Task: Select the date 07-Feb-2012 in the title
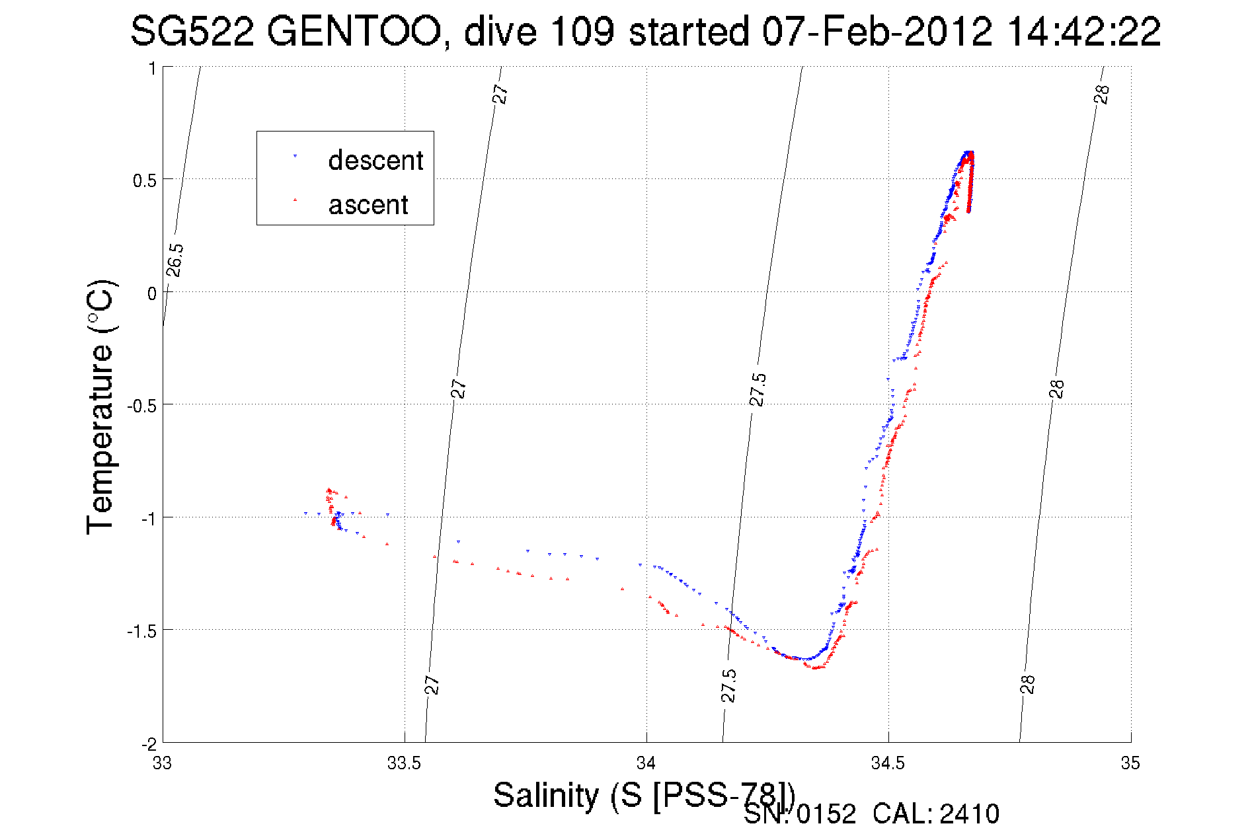(877, 31)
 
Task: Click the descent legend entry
(375, 161)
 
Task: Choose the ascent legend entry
(368, 205)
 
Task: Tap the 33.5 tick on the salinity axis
(404, 763)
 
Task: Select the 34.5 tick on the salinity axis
(888, 763)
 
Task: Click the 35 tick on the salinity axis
(1130, 763)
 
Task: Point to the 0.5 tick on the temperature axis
(144, 180)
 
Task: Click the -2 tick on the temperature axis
(148, 743)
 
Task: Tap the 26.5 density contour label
(175, 260)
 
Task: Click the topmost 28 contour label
(1101, 95)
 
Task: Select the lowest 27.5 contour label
(728, 685)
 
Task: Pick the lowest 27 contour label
(432, 685)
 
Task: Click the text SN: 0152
(799, 814)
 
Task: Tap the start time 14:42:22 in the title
(1083, 31)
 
